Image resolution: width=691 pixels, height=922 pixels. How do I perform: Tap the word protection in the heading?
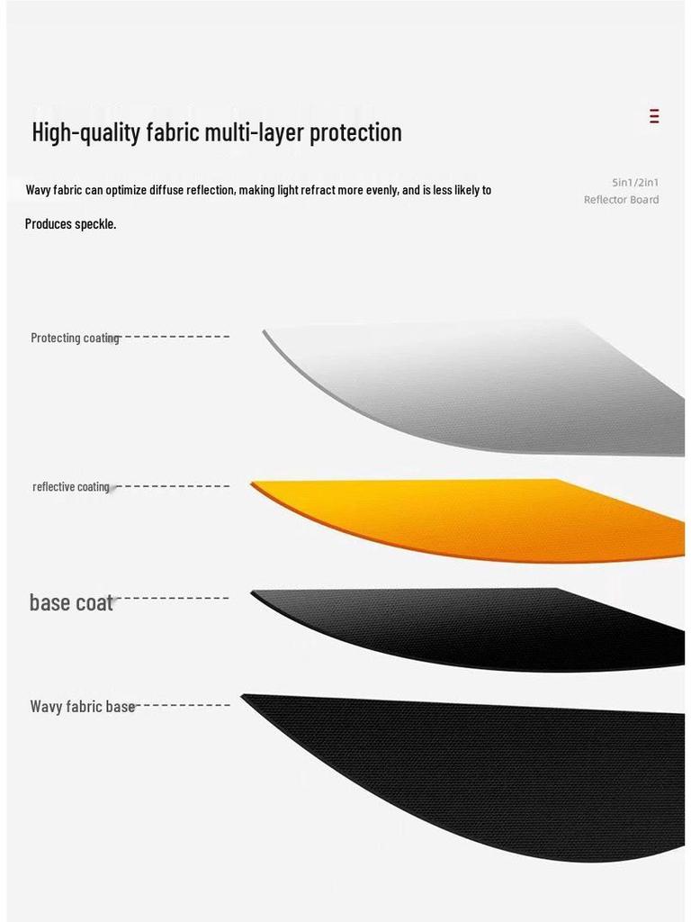tap(355, 133)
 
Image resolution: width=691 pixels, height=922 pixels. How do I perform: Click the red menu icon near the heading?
tap(654, 116)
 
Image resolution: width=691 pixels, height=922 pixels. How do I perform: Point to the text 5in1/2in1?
tap(635, 183)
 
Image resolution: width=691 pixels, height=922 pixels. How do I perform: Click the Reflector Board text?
tap(621, 200)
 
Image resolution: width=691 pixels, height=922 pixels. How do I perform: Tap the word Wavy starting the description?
tap(38, 190)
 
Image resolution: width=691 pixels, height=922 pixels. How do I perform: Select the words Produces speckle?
tap(70, 224)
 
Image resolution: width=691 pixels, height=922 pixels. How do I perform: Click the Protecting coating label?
tap(75, 339)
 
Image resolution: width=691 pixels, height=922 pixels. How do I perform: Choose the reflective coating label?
tap(71, 487)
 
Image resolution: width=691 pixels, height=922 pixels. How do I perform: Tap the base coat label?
tap(71, 602)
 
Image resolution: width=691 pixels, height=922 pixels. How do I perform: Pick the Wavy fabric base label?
tap(82, 707)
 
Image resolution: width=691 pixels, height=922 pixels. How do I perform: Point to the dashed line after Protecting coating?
tap(175, 337)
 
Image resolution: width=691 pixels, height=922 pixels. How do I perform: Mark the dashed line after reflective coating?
tap(171, 486)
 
